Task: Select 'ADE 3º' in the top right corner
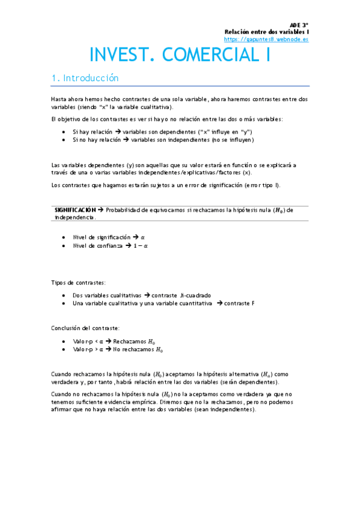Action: click(299, 25)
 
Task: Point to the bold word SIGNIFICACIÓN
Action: click(75, 210)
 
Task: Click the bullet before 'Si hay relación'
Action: click(64, 132)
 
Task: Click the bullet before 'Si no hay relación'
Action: click(64, 140)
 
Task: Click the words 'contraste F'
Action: click(239, 304)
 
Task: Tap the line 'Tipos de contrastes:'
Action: click(79, 282)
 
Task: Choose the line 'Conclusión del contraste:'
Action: click(85, 328)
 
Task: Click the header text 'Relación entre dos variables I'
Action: click(266, 32)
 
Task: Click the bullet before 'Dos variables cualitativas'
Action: click(64, 296)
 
